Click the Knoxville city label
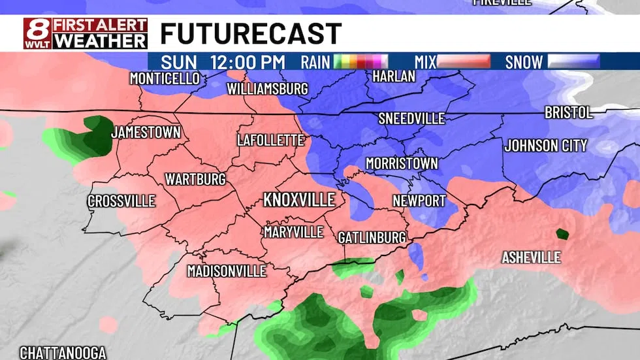tap(298, 200)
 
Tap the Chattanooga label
tap(63, 353)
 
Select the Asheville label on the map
tap(531, 257)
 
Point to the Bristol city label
tap(568, 112)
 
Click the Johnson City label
tap(546, 146)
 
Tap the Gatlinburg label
tap(372, 238)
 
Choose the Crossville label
tap(121, 201)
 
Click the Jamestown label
tap(145, 132)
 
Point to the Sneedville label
tap(411, 119)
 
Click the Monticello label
tap(165, 78)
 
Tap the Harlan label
tap(393, 76)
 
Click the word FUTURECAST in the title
tap(251, 34)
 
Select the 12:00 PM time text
tap(248, 62)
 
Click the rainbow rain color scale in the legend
tap(361, 62)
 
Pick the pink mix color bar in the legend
tap(463, 62)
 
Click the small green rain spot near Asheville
tap(561, 233)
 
